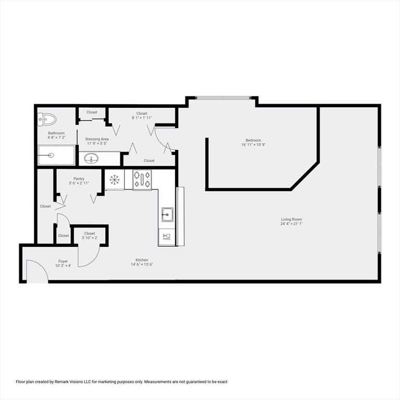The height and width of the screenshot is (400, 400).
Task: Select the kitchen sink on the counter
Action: click(167, 214)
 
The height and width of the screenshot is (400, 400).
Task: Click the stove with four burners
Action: click(142, 180)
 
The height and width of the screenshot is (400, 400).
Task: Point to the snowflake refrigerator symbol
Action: click(114, 180)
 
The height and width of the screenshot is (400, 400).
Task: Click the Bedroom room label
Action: click(254, 140)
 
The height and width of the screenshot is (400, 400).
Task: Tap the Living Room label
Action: click(291, 219)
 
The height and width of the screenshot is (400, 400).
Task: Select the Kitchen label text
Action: click(142, 260)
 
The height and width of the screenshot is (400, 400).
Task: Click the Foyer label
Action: click(63, 261)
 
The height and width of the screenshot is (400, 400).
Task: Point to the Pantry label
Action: click(79, 179)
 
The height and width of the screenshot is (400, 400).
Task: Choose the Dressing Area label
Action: click(97, 139)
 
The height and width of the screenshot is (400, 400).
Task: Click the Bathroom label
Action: click(56, 133)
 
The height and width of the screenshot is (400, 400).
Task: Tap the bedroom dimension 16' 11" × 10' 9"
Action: click(254, 145)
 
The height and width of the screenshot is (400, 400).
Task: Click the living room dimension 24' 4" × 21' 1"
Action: click(291, 224)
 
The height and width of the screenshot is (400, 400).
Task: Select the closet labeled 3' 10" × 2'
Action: click(90, 238)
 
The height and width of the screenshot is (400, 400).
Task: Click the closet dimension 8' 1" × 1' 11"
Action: click(142, 118)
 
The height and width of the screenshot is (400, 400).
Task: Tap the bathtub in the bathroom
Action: click(56, 155)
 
